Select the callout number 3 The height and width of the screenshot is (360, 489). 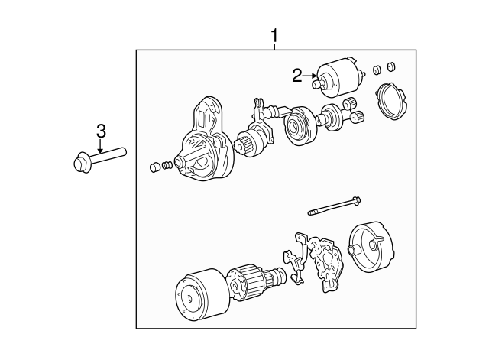coord(101,131)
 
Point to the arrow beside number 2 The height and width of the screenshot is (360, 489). coord(309,75)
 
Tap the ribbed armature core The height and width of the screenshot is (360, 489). coord(248,281)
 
